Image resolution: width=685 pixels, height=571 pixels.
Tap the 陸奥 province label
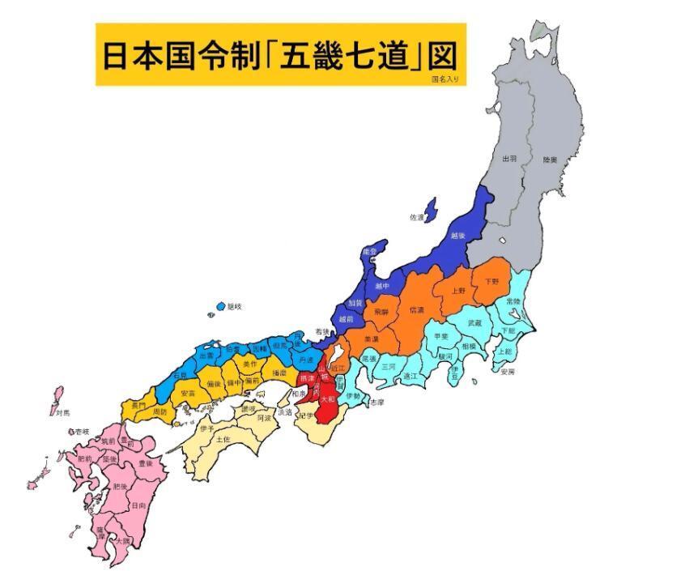(x=550, y=160)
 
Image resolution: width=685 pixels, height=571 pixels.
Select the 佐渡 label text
(x=417, y=218)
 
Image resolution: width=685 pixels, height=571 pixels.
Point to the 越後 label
(x=457, y=236)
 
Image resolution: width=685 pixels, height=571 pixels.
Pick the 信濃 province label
(x=417, y=309)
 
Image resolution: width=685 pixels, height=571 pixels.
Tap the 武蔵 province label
(x=474, y=322)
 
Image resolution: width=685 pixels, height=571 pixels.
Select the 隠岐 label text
(x=234, y=306)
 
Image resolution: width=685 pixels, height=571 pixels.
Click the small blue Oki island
(x=220, y=307)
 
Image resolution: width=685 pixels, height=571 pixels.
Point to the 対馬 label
(x=63, y=412)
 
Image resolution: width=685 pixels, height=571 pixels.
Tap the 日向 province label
(x=138, y=505)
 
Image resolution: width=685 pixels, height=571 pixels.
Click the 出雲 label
(x=206, y=355)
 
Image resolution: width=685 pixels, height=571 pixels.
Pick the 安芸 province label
(x=187, y=393)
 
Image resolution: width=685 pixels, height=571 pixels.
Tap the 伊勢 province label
(x=353, y=396)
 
